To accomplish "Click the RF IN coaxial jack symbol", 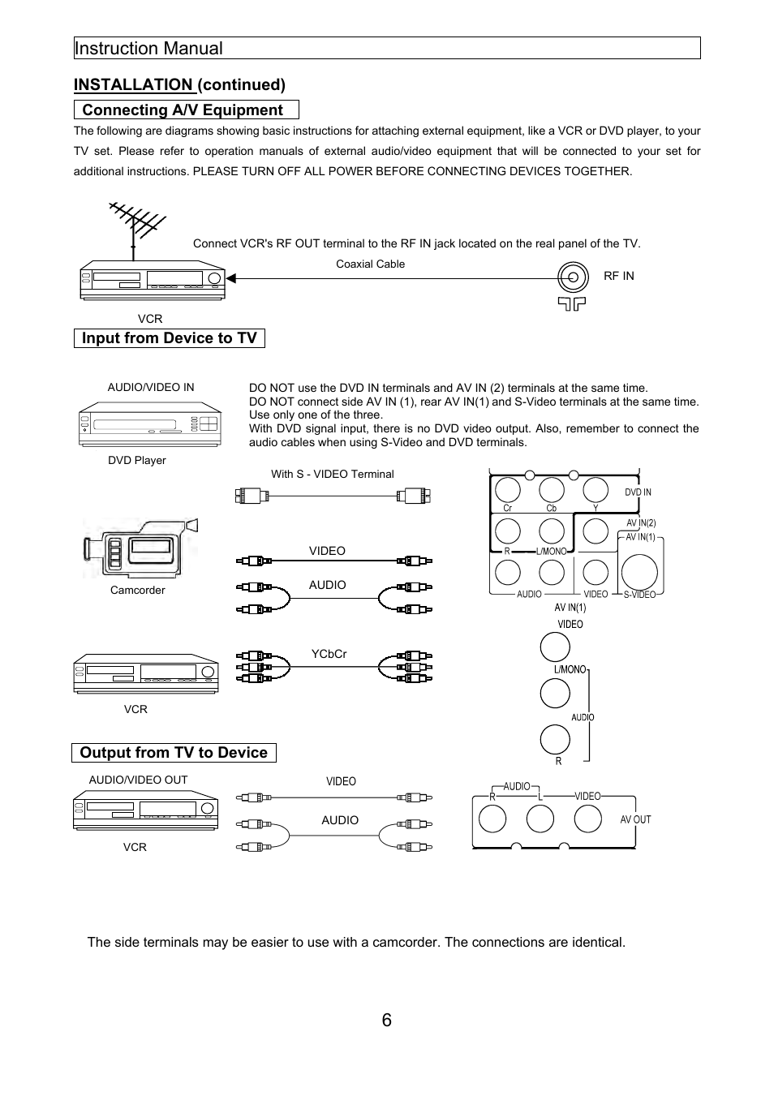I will (x=573, y=277).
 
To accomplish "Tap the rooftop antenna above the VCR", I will (x=135, y=224).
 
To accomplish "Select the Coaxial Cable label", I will (x=370, y=264).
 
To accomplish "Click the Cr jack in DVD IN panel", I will (x=508, y=489).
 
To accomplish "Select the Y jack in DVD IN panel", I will (x=596, y=489).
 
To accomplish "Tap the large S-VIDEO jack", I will (x=639, y=570).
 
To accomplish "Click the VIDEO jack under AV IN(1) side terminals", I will (x=555, y=647).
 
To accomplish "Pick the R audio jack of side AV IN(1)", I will (x=555, y=739).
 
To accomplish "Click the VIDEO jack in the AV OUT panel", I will (x=587, y=819).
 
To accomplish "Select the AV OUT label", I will (x=635, y=819).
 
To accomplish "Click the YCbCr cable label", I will (x=329, y=654).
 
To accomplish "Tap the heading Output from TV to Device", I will (x=174, y=753).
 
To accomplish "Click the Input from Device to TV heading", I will (x=169, y=338).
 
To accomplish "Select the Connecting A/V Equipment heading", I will (x=183, y=110).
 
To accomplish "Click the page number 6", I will (x=386, y=1020).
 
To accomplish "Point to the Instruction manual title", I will (x=148, y=49).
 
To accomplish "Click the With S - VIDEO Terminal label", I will (x=332, y=474).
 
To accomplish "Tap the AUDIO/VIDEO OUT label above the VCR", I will (x=138, y=780).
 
